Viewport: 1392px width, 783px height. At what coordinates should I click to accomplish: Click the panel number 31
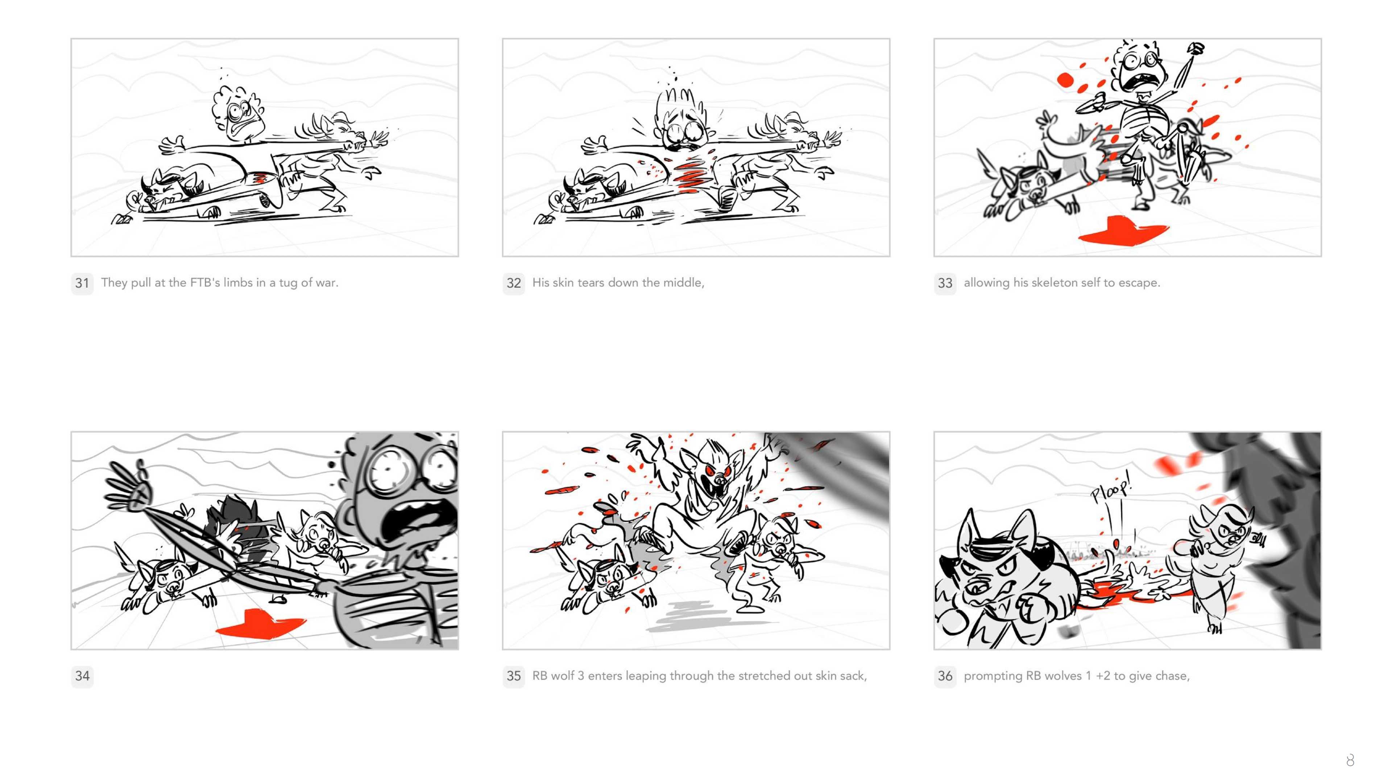[x=82, y=283]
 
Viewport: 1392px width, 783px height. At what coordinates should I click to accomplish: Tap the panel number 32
[x=513, y=283]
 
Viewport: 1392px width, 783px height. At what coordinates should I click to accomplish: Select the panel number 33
[x=945, y=283]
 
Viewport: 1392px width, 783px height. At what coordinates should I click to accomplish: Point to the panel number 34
[x=82, y=676]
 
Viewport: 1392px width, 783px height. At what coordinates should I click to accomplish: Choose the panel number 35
[x=513, y=676]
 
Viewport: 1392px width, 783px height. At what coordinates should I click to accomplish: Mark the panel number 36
[x=945, y=676]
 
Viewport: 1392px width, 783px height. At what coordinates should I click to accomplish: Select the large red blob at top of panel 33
[x=1065, y=80]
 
